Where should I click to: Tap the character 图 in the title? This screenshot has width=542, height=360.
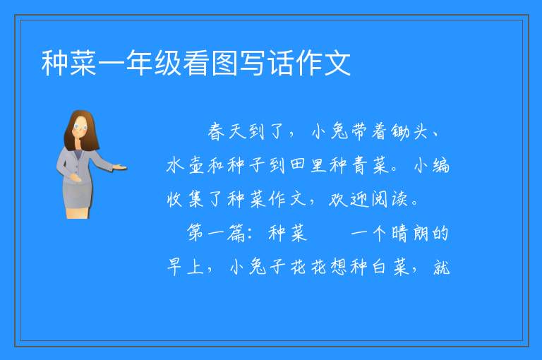coord(224,63)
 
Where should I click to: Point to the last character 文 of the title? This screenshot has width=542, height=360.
coord(337,63)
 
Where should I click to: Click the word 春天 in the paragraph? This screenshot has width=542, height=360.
coord(227,132)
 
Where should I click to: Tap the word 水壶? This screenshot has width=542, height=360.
coord(186,165)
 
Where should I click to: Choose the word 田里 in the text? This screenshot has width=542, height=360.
coord(308,165)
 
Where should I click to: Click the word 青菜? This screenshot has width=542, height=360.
coord(371,165)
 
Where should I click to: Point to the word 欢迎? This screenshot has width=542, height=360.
coord(349,199)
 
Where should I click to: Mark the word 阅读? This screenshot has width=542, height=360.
coord(390,199)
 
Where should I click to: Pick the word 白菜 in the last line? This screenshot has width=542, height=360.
coord(391,267)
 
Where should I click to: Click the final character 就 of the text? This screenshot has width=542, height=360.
coord(441,267)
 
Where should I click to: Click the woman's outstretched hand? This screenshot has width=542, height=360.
coord(120,168)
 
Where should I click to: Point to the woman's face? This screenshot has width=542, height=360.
coord(80,127)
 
